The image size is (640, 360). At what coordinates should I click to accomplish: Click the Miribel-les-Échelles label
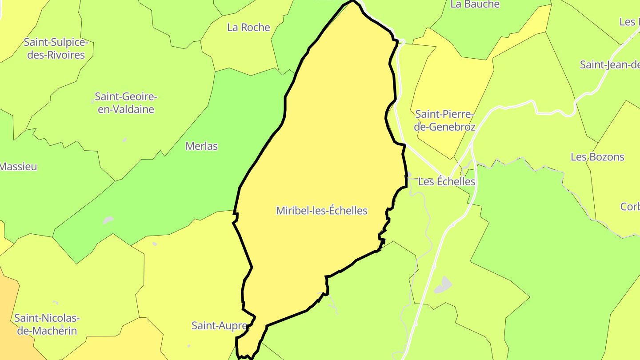(x=322, y=211)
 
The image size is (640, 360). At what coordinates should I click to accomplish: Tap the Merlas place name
(x=202, y=146)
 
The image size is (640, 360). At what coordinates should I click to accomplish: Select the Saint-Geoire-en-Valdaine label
(x=126, y=103)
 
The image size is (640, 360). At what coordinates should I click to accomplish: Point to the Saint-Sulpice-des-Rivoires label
(x=56, y=48)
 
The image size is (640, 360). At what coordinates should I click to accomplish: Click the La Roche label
(x=248, y=27)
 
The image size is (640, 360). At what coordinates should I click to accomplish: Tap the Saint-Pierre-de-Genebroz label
(x=445, y=120)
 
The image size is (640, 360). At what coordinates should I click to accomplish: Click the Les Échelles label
(x=447, y=182)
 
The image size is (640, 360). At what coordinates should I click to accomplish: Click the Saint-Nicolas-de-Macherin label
(x=47, y=324)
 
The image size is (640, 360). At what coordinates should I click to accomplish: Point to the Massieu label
(x=18, y=167)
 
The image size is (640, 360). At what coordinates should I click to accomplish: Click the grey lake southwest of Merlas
(x=108, y=220)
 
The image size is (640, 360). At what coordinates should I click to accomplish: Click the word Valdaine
(x=126, y=109)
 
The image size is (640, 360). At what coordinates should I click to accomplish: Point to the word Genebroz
(x=445, y=127)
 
